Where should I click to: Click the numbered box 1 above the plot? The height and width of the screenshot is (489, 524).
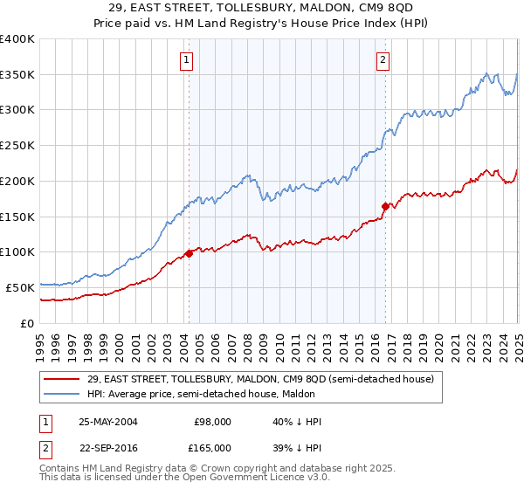[x=188, y=60]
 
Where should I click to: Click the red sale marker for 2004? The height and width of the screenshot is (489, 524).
[x=189, y=254]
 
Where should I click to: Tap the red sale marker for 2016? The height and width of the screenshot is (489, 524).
[x=385, y=206]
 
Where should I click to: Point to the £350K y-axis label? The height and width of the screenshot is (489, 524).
[x=17, y=75]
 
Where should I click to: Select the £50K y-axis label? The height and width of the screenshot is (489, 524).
[x=21, y=287]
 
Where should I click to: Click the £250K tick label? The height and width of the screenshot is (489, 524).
[x=17, y=146]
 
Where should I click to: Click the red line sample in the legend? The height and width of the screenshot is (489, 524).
[x=62, y=379]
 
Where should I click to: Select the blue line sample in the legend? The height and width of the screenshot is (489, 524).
[x=62, y=394]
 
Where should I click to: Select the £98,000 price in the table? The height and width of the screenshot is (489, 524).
[x=213, y=422]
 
